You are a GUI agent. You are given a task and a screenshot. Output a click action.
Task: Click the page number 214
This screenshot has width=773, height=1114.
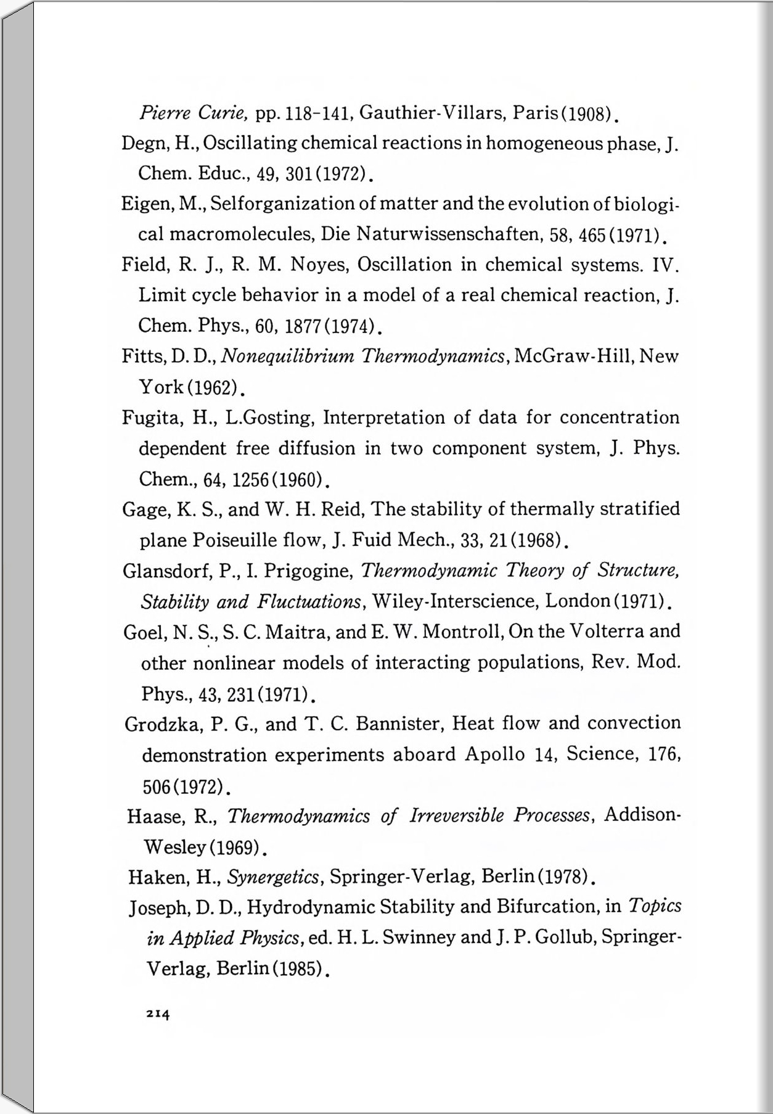tap(158, 1013)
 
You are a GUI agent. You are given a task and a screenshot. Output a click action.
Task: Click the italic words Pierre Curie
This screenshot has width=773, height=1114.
tap(194, 113)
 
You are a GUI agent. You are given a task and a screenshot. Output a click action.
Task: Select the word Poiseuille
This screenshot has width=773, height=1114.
tap(231, 540)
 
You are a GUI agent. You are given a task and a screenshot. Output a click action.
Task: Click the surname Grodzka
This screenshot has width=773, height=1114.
tap(162, 724)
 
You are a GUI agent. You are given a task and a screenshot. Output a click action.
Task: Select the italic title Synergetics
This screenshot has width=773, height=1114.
tap(273, 877)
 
